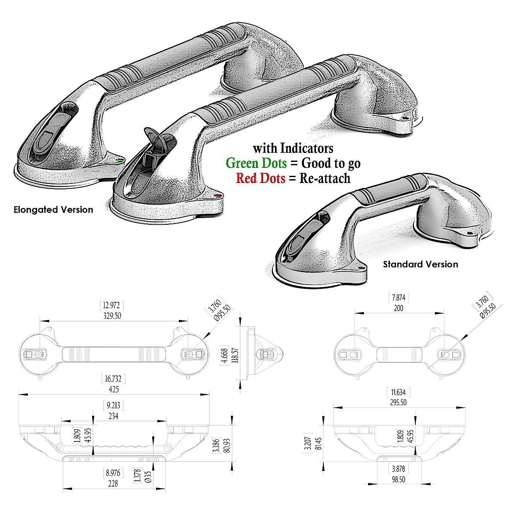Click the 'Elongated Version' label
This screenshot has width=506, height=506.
53,210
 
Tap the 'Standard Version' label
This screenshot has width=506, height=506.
420,264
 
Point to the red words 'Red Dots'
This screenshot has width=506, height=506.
261,178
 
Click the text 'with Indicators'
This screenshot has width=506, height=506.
293,148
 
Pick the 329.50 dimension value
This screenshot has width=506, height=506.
112,315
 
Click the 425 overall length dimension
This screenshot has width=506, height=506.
113,389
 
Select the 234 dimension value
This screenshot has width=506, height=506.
113,416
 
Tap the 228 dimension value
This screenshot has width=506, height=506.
113,484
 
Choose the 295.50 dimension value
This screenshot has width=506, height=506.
398,403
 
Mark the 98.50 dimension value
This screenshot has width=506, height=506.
398,479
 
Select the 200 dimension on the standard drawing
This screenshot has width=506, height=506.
398,308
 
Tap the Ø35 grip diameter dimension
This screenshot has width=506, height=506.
148,479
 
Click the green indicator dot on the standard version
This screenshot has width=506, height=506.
361,267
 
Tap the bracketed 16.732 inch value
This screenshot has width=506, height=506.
113,378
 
